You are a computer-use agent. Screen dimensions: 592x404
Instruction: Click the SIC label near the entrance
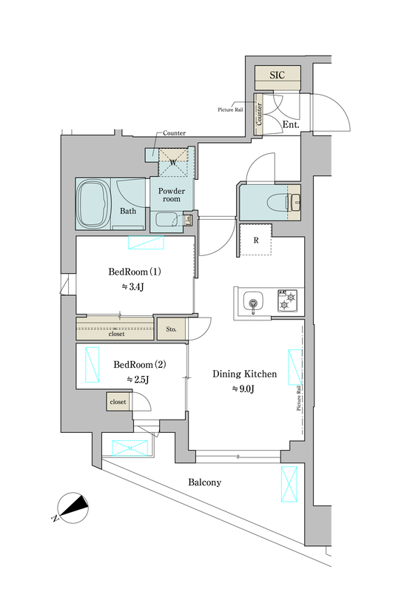tap(276, 75)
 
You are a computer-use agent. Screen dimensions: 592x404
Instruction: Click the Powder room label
tap(172, 194)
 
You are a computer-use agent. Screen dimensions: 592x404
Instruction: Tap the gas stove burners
tap(286, 300)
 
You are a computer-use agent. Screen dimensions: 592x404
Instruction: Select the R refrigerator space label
tap(255, 240)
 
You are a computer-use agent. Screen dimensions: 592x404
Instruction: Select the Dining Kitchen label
tap(244, 374)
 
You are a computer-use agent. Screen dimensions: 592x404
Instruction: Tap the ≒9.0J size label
tap(243, 389)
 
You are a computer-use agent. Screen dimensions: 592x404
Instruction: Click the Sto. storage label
tap(171, 329)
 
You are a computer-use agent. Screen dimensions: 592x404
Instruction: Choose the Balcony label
tap(204, 482)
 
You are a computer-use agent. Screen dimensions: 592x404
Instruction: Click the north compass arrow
tap(74, 508)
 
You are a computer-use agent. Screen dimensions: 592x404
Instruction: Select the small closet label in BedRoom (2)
tap(118, 401)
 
